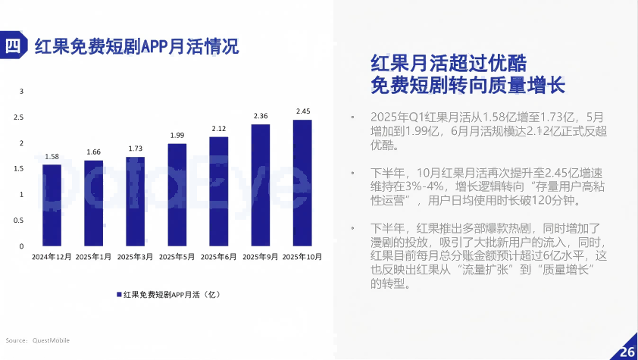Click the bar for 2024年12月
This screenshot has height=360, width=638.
point(52,205)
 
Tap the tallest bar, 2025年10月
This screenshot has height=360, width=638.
point(302,183)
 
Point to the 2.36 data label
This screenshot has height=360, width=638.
point(261,116)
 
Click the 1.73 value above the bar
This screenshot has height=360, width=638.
point(136,149)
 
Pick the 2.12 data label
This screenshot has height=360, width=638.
point(219,128)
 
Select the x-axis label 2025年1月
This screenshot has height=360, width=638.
point(94,257)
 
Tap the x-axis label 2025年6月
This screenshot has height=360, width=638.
point(219,257)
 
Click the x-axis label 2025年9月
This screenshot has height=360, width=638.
point(261,257)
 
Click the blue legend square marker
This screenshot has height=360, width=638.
point(119,294)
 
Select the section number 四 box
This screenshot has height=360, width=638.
point(13,45)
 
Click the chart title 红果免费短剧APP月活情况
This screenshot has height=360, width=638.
point(137,46)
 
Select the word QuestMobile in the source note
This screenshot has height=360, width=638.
point(51,340)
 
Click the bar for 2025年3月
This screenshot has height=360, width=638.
point(136,202)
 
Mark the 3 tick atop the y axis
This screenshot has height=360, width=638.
point(21,92)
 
